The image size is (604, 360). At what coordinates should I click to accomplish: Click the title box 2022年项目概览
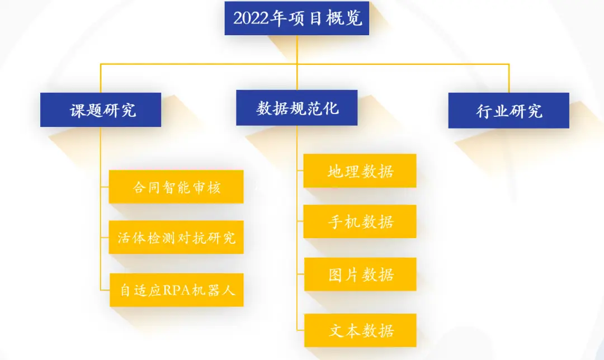pyautogui.click(x=297, y=18)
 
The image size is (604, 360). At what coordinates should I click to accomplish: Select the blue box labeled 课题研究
pyautogui.click(x=101, y=110)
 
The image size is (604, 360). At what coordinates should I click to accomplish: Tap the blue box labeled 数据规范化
pyautogui.click(x=297, y=107)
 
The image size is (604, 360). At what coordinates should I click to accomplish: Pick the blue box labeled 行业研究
pyautogui.click(x=509, y=110)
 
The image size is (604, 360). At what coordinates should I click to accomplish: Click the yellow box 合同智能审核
pyautogui.click(x=176, y=187)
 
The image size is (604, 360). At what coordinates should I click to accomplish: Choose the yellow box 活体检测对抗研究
pyautogui.click(x=176, y=238)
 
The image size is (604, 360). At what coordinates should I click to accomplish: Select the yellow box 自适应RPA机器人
pyautogui.click(x=176, y=290)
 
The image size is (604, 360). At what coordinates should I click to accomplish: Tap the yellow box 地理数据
pyautogui.click(x=360, y=170)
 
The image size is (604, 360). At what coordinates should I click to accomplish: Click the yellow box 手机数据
pyautogui.click(x=360, y=221)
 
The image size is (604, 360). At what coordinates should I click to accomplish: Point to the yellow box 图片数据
pyautogui.click(x=360, y=274)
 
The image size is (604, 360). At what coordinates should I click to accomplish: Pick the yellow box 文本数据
pyautogui.click(x=360, y=330)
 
